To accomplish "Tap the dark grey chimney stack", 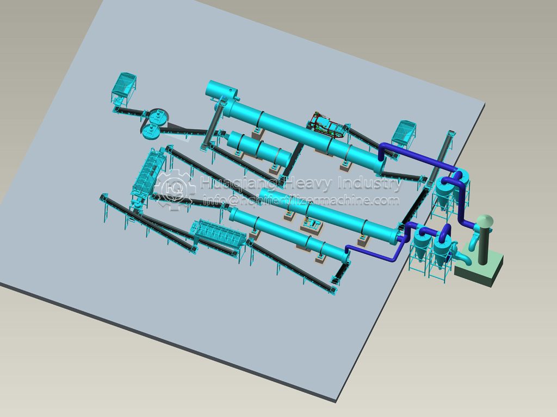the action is point(483,245).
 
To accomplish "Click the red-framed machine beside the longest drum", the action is point(327,125).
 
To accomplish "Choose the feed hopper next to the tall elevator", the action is point(404,134).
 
